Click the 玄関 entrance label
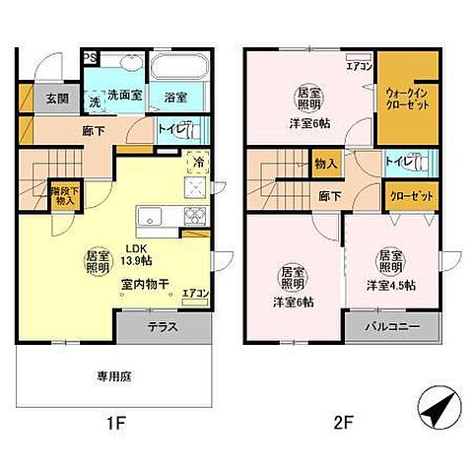(x=56, y=99)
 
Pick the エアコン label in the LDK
(x=195, y=294)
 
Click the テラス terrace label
(x=163, y=326)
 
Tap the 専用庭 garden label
(x=114, y=374)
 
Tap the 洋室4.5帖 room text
(x=390, y=286)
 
